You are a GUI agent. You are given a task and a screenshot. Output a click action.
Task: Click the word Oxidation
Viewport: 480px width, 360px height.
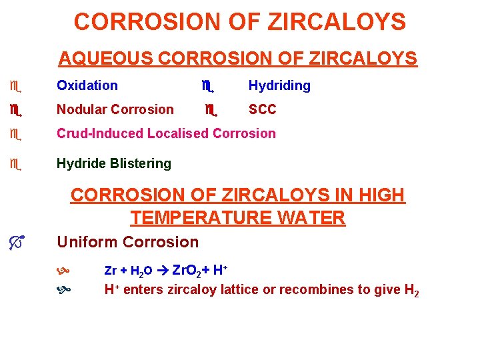(x=87, y=85)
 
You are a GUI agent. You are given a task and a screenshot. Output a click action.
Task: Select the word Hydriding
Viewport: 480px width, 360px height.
(x=279, y=85)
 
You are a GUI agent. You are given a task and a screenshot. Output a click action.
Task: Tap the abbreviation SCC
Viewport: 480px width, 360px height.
(x=262, y=109)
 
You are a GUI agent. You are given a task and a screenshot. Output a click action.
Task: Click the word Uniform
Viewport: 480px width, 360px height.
(x=85, y=242)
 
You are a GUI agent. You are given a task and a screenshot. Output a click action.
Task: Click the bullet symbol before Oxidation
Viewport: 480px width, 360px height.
(x=13, y=86)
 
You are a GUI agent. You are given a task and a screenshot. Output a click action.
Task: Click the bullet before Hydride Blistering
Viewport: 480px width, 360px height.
(x=13, y=163)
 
